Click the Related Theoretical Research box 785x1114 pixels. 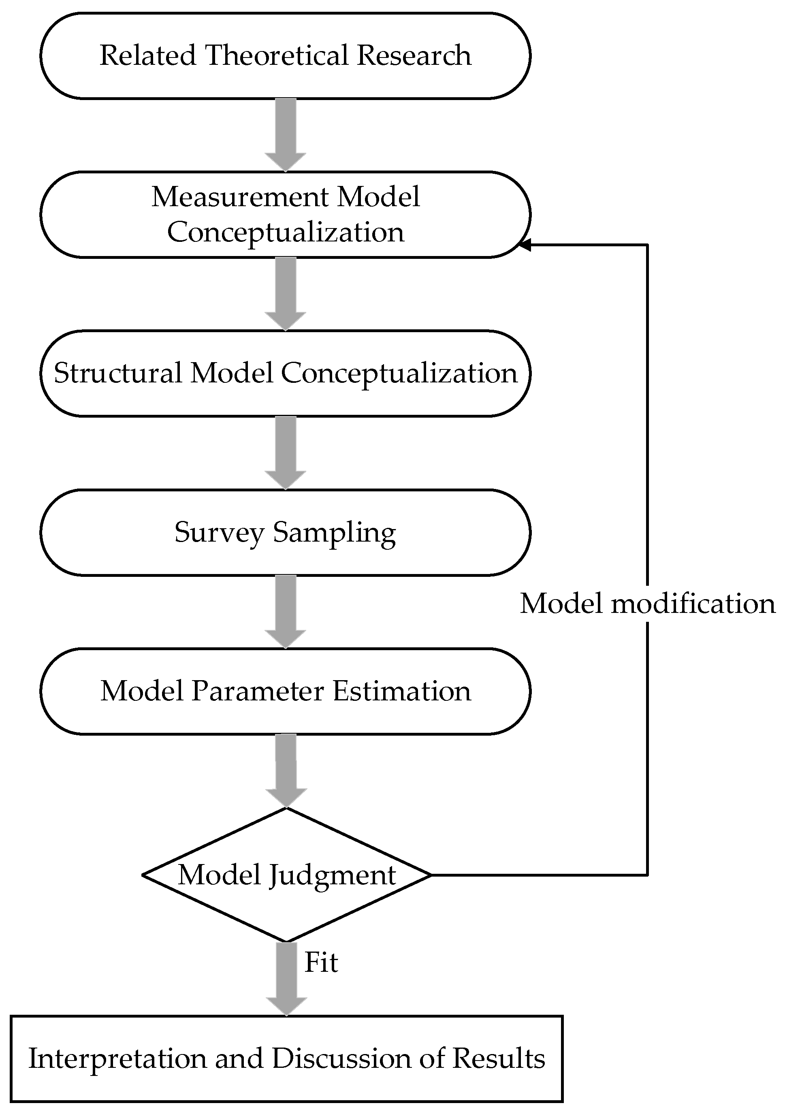coord(285,56)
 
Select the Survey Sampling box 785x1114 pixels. coord(285,532)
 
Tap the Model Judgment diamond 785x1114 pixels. coord(286,875)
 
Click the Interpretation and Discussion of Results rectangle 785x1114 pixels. coord(286,1058)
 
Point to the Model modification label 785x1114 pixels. coord(648,604)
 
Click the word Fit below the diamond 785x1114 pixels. coord(321,962)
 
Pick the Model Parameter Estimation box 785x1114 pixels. coord(285,691)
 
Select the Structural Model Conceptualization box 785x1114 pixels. coord(285,373)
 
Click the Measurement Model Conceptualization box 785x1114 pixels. coord(285,214)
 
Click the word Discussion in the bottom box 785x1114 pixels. coord(342,1058)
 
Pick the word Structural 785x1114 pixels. coord(117,373)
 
